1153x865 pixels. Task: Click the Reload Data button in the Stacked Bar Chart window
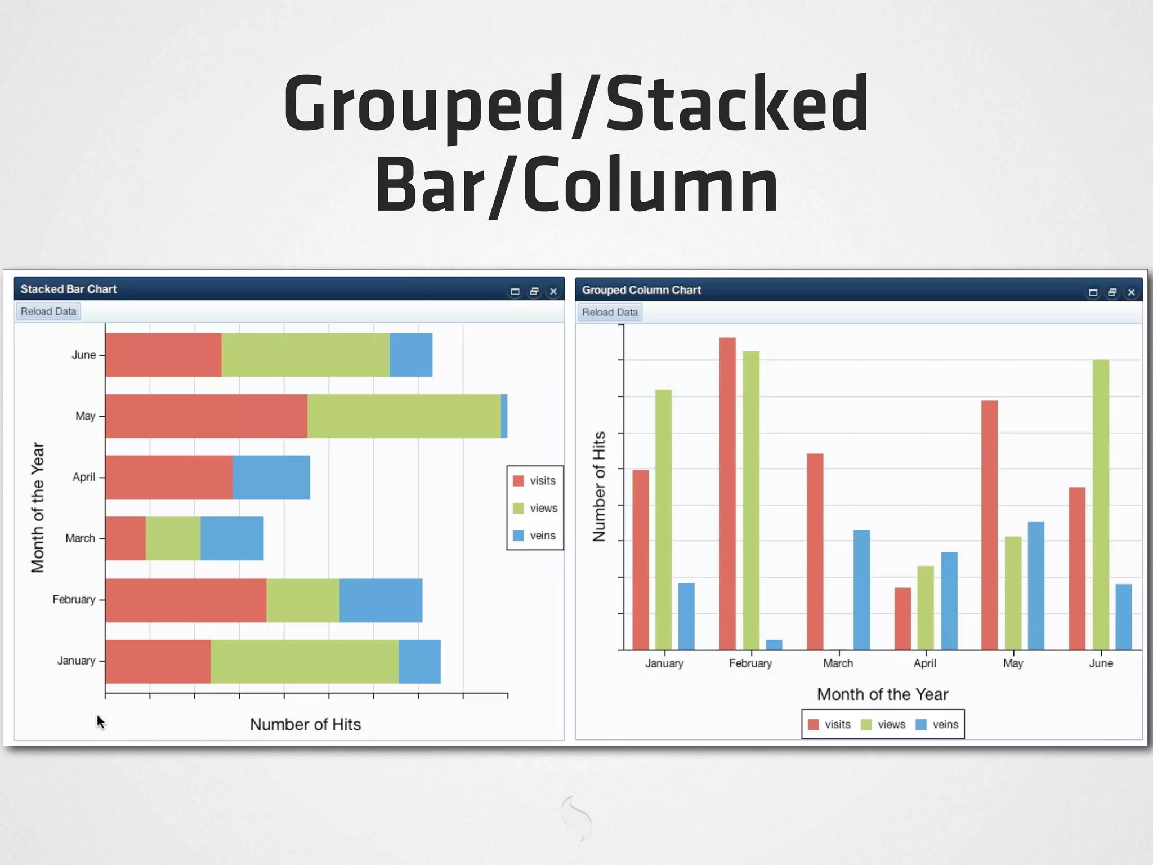48,311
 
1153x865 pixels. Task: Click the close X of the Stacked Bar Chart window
553,292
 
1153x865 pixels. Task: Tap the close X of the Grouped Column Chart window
1131,292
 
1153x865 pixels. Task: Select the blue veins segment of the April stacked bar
271,477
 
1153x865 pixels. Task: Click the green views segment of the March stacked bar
173,538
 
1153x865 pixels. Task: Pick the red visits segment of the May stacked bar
206,416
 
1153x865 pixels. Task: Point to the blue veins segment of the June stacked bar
411,355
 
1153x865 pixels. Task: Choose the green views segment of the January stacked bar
305,661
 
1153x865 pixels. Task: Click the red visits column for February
727,493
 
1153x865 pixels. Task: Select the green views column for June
1101,505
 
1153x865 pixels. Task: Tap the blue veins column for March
861,590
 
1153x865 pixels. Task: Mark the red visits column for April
902,618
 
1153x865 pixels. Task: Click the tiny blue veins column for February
774,645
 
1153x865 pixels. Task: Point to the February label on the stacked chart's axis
74,599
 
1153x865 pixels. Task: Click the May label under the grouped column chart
1013,663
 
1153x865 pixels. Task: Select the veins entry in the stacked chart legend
535,536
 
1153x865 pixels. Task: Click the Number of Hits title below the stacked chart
305,724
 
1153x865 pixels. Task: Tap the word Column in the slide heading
651,186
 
